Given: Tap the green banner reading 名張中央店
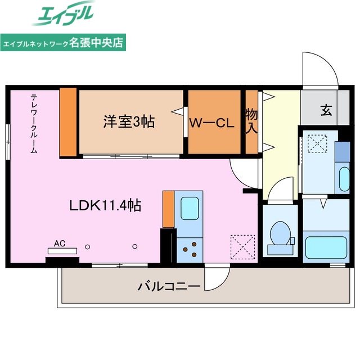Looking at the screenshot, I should [x=63, y=42].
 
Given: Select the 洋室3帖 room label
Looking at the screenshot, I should [x=129, y=121].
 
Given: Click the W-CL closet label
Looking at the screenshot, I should [x=211, y=123].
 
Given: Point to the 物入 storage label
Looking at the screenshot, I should [x=251, y=121].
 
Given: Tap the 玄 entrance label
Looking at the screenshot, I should [x=326, y=110].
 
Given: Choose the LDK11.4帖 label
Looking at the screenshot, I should [x=105, y=205].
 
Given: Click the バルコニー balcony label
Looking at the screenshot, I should [x=169, y=287].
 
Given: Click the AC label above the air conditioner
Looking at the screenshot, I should [x=60, y=244].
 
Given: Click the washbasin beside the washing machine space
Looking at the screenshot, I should [x=344, y=178].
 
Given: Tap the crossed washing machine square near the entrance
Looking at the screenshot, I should [x=317, y=144].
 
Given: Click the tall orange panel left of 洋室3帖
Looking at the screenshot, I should [x=68, y=121].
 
